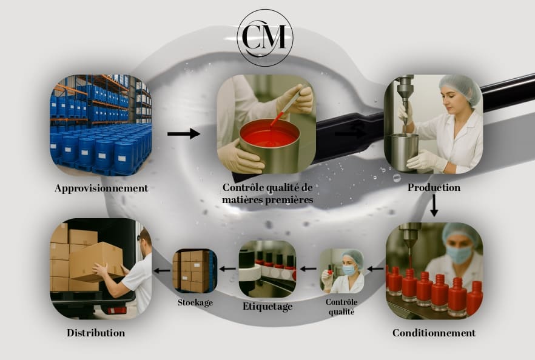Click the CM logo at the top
[264, 37]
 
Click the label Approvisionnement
[101, 188]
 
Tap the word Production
[434, 188]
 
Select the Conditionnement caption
[434, 333]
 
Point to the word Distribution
[96, 333]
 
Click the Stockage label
[195, 302]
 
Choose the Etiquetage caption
[267, 307]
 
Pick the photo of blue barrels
[101, 125]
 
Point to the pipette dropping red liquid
[283, 107]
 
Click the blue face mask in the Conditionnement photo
[459, 255]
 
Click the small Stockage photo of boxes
[195, 271]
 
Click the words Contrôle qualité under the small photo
[342, 307]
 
